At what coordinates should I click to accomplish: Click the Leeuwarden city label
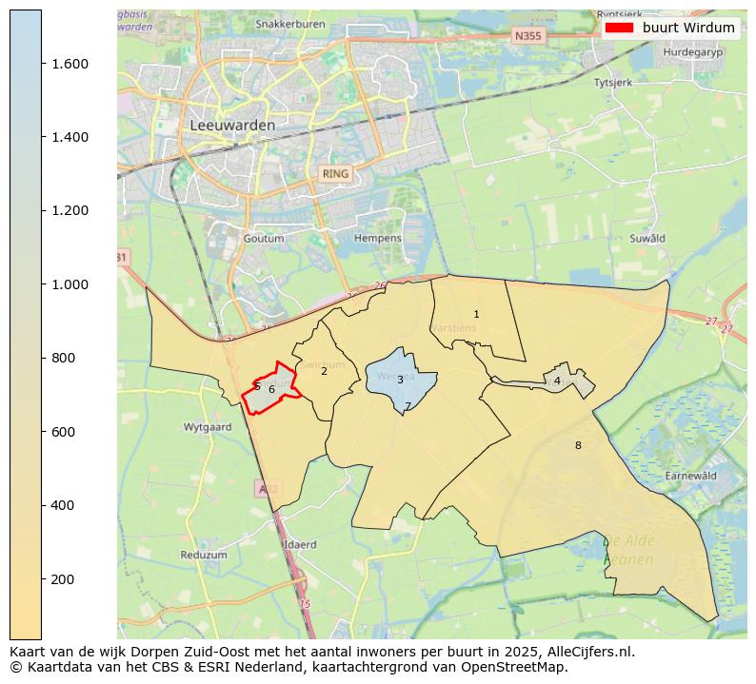[x=232, y=125]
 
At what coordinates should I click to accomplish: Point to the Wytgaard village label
[x=207, y=427]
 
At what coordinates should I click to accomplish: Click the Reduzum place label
[x=204, y=555]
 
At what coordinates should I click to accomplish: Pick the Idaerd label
[x=300, y=545]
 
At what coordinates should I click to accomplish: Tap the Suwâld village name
[x=647, y=238]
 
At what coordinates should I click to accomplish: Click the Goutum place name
[x=264, y=238]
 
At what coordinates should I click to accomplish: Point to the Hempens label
[x=378, y=238]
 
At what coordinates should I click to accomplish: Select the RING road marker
[x=335, y=174]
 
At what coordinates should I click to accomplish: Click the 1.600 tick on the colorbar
[x=70, y=64]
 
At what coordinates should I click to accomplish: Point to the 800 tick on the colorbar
[x=63, y=358]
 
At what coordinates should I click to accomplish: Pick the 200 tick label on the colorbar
[x=63, y=579]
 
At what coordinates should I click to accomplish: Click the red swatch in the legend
[x=619, y=28]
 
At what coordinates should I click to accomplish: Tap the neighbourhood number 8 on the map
[x=577, y=445]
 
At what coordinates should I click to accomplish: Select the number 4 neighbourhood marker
[x=557, y=381]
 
